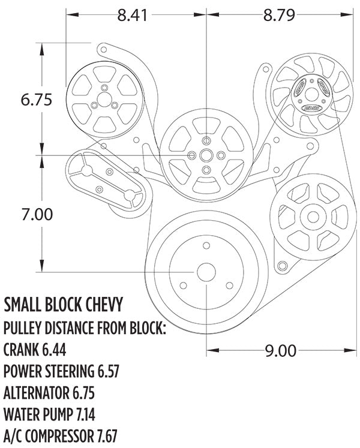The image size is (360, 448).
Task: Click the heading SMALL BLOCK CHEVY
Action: click(64, 305)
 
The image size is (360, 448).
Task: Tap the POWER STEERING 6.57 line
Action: click(61, 371)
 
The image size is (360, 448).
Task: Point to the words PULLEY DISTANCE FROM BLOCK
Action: click(84, 327)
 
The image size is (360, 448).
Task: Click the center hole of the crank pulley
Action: click(206, 272)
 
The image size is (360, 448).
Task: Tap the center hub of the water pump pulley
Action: click(206, 156)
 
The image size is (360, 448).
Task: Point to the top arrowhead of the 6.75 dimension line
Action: click(41, 46)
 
